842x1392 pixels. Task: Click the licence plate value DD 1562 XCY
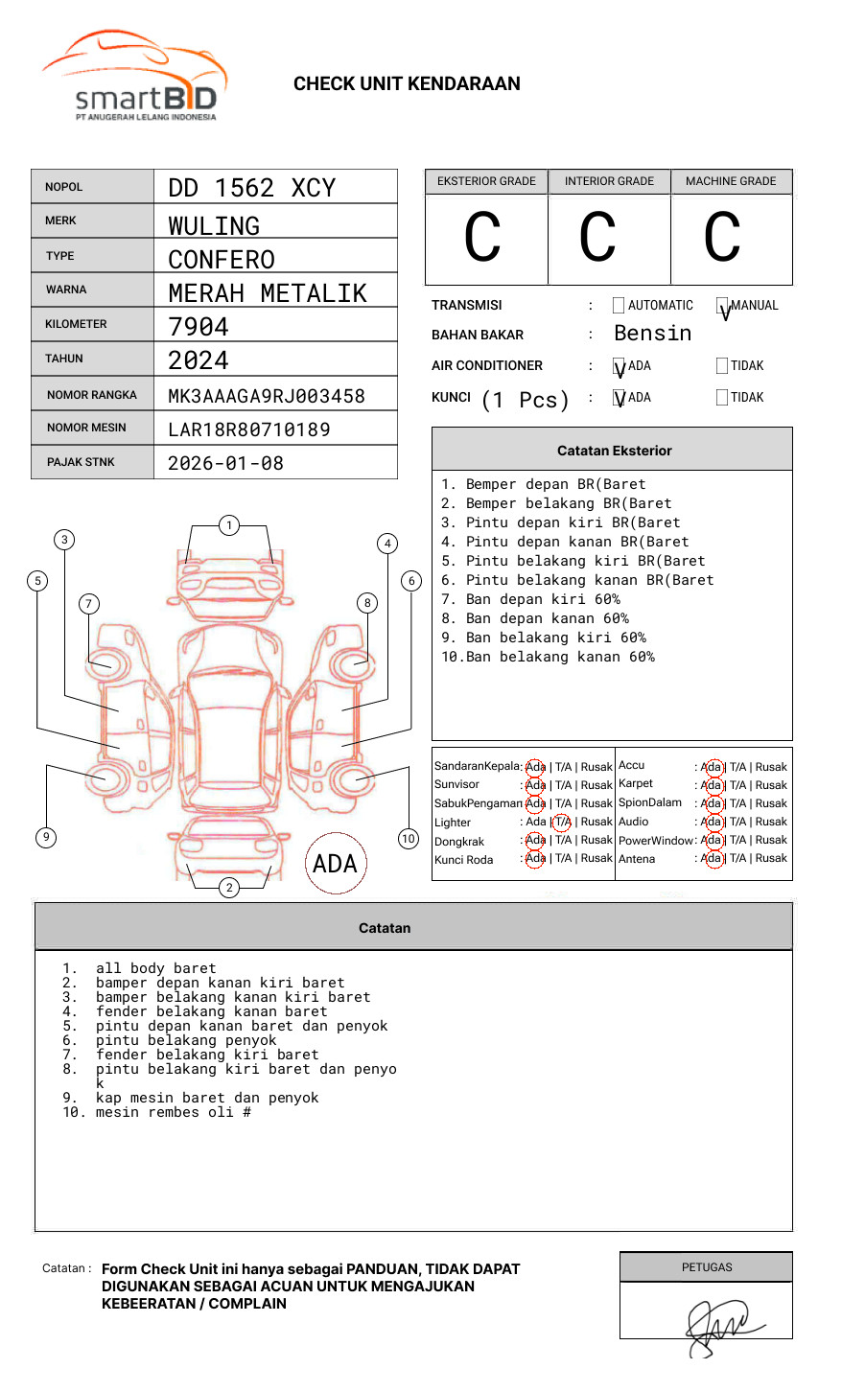pos(251,188)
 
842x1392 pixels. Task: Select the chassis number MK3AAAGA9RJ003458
pos(266,396)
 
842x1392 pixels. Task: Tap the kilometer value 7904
pos(199,327)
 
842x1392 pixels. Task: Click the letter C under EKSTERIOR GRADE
pos(482,238)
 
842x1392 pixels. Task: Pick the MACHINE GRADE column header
pos(731,181)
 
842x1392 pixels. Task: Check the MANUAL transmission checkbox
pos(722,306)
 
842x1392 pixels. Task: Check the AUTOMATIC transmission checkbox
pos(619,306)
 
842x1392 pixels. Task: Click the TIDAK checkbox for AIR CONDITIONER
pos(722,365)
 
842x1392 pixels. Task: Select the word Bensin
pos(652,334)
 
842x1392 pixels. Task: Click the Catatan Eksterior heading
pos(614,451)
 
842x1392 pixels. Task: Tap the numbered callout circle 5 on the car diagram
pos(38,580)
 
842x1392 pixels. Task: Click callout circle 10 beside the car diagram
pos(409,839)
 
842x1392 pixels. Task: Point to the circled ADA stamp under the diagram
pos(335,864)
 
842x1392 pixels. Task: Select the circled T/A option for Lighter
pos(562,822)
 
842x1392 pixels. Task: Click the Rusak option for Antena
pos(771,858)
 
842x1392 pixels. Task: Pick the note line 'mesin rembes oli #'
pos(173,1112)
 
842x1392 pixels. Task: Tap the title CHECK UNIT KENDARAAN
pos(407,84)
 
